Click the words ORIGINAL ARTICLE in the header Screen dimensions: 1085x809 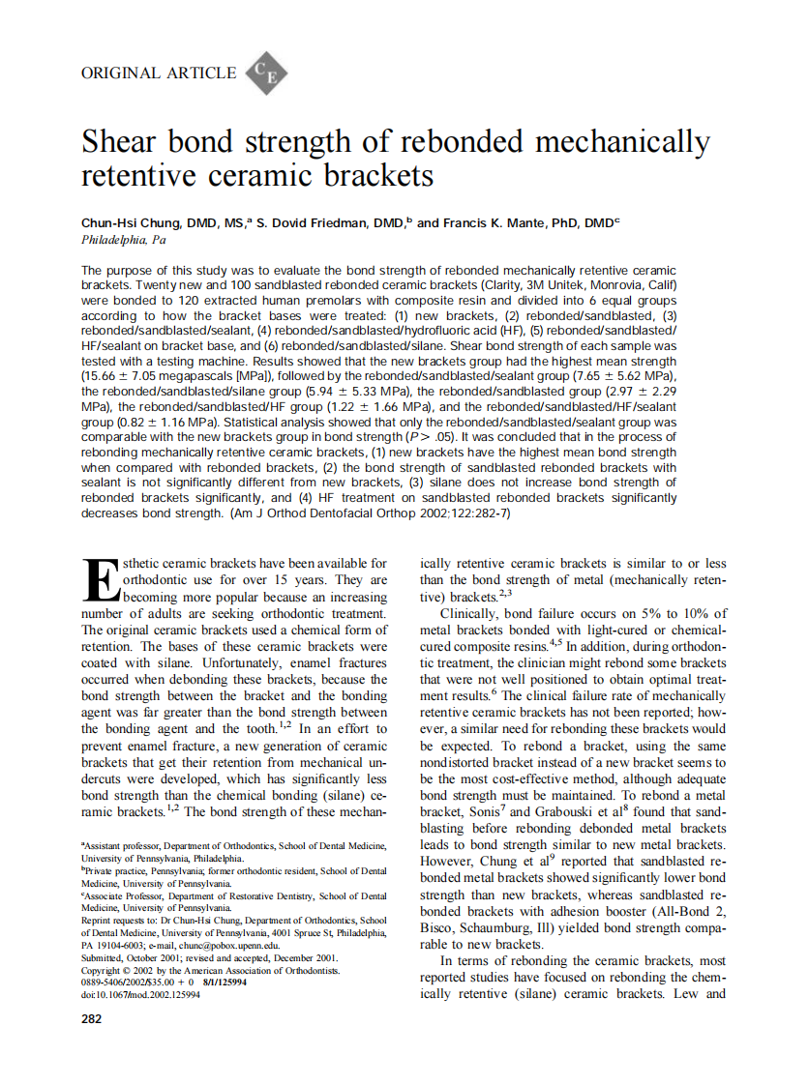(x=159, y=73)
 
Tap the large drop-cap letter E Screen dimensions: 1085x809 (x=98, y=580)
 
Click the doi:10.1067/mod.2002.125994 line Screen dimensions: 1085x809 (x=141, y=993)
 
